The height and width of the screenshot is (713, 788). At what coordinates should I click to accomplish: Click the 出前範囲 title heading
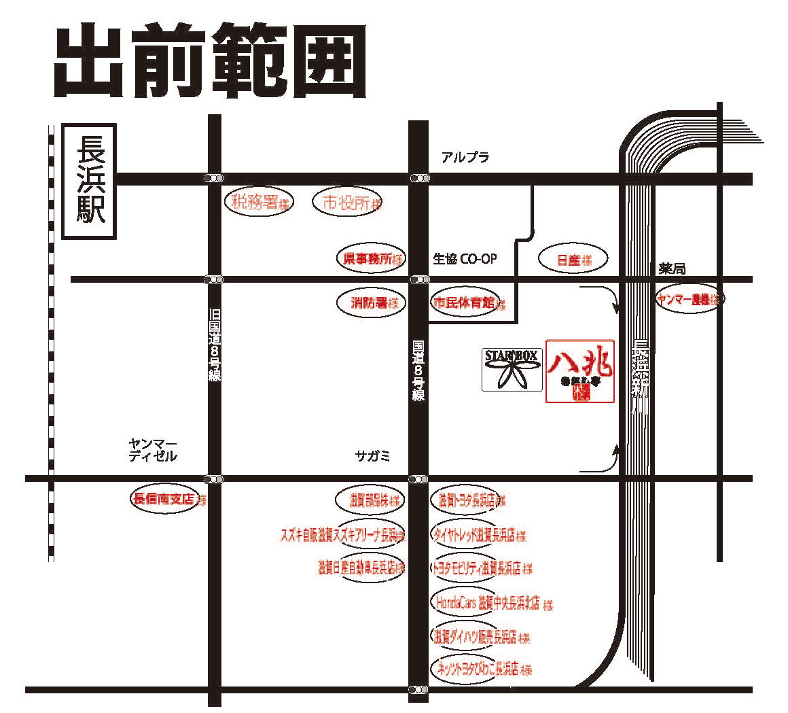pyautogui.click(x=211, y=63)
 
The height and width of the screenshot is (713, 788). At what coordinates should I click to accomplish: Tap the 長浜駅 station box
pyautogui.click(x=90, y=181)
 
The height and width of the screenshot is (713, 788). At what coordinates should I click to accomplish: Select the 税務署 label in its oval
pyautogui.click(x=259, y=202)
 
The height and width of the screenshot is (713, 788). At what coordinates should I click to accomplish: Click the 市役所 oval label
pyautogui.click(x=347, y=202)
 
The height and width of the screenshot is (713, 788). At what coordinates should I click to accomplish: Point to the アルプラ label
pyautogui.click(x=465, y=158)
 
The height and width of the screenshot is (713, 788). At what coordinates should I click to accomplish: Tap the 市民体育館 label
pyautogui.click(x=466, y=303)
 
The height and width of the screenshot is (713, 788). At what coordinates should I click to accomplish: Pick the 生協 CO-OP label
pyautogui.click(x=465, y=259)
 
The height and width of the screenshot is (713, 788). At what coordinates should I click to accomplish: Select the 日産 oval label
pyautogui.click(x=572, y=260)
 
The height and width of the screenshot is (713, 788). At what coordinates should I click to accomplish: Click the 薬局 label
pyautogui.click(x=672, y=269)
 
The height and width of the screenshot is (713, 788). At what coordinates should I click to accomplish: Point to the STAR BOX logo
pyautogui.click(x=512, y=369)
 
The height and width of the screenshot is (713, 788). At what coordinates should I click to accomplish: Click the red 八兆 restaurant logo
pyautogui.click(x=580, y=371)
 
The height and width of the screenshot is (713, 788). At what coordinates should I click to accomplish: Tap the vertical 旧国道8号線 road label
pyautogui.click(x=215, y=344)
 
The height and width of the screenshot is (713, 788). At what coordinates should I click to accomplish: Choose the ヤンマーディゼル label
pyautogui.click(x=153, y=450)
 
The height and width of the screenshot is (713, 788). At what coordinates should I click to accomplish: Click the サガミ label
pyautogui.click(x=373, y=456)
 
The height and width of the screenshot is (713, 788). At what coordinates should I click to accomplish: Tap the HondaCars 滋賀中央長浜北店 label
pyautogui.click(x=488, y=602)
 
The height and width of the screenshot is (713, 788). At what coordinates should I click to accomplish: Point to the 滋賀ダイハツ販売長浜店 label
pyautogui.click(x=477, y=637)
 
